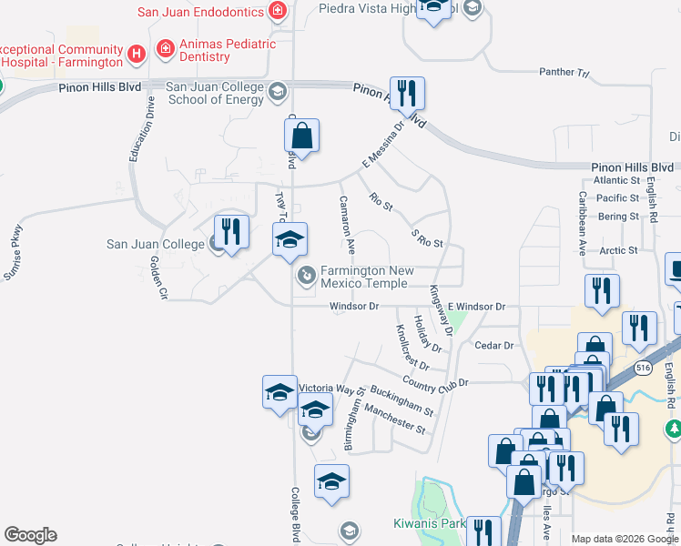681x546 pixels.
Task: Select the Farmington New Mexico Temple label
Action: point(364,278)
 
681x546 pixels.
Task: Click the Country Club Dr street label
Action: point(438,383)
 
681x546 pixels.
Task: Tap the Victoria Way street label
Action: point(326,389)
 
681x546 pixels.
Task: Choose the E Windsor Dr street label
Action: point(475,308)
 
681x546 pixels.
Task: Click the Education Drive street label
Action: point(141,130)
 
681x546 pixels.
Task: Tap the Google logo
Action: point(30,535)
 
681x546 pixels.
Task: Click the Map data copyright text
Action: point(625,539)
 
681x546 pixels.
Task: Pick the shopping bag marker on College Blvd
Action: point(301,137)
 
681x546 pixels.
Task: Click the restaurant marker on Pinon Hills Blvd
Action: point(407,94)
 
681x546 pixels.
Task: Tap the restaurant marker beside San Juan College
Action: point(232,232)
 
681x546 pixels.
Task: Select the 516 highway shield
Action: point(644,367)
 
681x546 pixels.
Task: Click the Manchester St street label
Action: point(394,419)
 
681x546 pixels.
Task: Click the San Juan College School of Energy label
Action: point(215,94)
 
